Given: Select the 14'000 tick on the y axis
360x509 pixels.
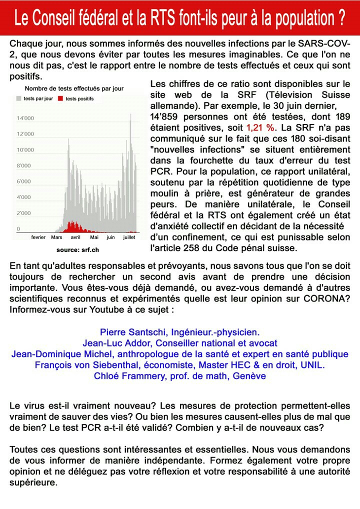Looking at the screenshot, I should pos(25,118).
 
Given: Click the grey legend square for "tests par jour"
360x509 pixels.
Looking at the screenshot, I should pos(19,99).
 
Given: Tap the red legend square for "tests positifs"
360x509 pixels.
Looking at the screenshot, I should pos(61,99).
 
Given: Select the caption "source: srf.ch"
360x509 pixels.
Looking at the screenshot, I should pos(77,248).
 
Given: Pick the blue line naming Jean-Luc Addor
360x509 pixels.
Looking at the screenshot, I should pos(179,343).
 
